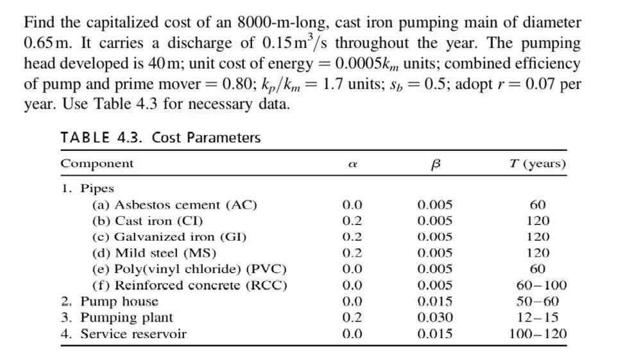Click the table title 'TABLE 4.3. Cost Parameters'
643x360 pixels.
pyautogui.click(x=160, y=137)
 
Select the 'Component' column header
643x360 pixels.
pyautogui.click(x=97, y=163)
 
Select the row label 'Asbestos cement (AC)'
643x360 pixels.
pyautogui.click(x=175, y=205)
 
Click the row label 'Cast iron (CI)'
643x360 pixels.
pyautogui.click(x=148, y=221)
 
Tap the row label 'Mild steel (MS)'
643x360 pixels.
pyautogui.click(x=155, y=253)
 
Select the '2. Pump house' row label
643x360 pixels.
pyautogui.click(x=110, y=301)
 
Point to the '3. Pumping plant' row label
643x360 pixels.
pyautogui.click(x=117, y=317)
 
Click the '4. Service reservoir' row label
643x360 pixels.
pyautogui.click(x=124, y=334)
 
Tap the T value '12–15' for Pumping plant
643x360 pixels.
pyautogui.click(x=537, y=317)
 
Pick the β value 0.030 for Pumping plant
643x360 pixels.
pyautogui.click(x=434, y=317)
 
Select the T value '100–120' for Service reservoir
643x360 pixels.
pyautogui.click(x=537, y=334)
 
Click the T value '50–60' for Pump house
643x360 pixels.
pyautogui.click(x=537, y=301)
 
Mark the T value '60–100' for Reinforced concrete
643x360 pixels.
pyautogui.click(x=537, y=285)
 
